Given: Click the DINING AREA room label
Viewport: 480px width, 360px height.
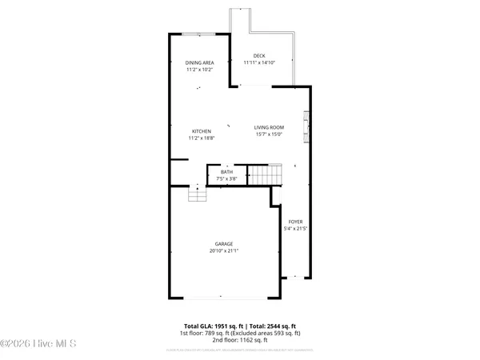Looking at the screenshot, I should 200,62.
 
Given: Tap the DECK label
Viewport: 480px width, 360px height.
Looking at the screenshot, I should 258,55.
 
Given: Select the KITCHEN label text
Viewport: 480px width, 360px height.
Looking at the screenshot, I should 200,131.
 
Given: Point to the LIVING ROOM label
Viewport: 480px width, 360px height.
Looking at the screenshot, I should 270,128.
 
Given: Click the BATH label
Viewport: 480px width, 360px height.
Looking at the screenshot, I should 226,172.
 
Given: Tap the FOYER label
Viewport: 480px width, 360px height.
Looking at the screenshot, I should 295,222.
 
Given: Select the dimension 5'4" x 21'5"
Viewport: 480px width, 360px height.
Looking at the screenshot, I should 295,229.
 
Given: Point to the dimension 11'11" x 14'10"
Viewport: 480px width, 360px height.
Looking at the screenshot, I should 258,62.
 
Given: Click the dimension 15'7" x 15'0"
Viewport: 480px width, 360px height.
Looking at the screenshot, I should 270,135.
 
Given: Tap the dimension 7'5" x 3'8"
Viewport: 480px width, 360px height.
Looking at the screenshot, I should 226,178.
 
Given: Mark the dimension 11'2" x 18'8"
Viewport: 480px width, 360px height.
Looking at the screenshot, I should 200,138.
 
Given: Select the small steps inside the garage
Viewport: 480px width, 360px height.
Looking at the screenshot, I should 198,194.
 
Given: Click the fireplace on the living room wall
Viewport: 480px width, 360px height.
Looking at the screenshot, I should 305,126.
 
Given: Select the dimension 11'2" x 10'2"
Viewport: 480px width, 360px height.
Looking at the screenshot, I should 200,70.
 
